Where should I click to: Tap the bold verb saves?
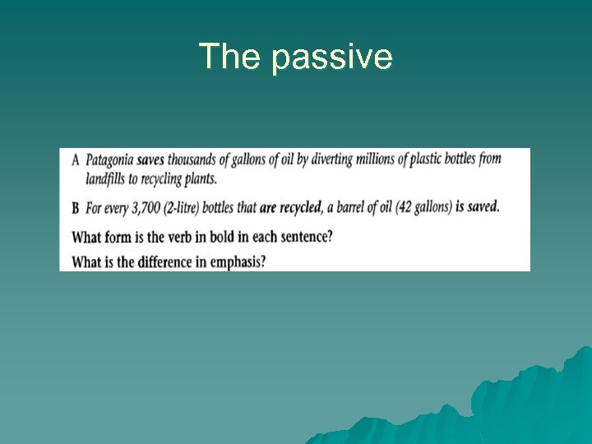[153, 160]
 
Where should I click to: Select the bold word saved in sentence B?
[483, 206]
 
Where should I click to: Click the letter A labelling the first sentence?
[76, 160]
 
